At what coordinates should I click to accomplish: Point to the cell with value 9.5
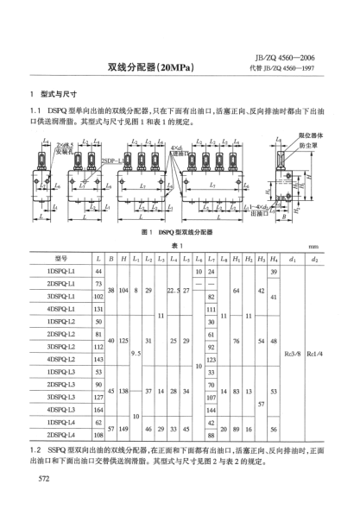tap(135, 352)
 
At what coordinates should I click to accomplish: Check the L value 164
tap(99, 409)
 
